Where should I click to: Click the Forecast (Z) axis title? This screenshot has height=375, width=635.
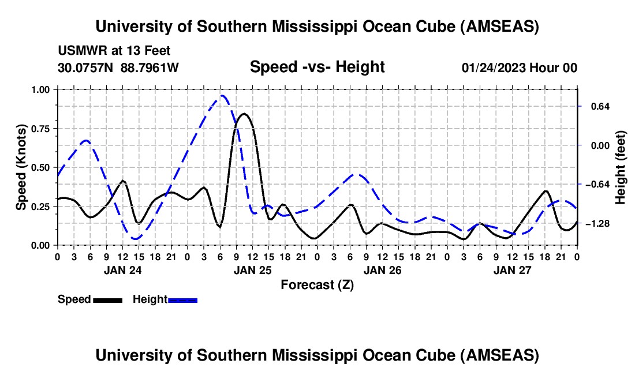pyautogui.click(x=317, y=284)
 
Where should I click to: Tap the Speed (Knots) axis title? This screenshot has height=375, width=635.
pyautogui.click(x=21, y=167)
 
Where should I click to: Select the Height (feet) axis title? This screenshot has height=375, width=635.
pyautogui.click(x=621, y=167)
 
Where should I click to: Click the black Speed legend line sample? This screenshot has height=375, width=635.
pyautogui.click(x=107, y=299)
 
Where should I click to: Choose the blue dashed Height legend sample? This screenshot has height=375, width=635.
pyautogui.click(x=183, y=299)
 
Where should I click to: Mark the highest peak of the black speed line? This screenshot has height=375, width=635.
pyautogui.click(x=244, y=114)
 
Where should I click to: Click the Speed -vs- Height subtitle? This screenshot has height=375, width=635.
pyautogui.click(x=317, y=67)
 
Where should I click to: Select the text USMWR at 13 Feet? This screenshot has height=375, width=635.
pyautogui.click(x=114, y=51)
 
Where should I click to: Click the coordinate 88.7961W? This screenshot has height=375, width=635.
pyautogui.click(x=150, y=68)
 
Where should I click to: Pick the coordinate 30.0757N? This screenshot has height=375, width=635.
pyautogui.click(x=87, y=68)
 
